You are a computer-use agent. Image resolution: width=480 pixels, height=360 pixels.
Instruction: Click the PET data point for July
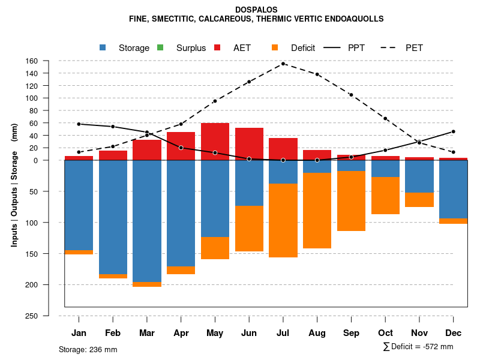click(283, 64)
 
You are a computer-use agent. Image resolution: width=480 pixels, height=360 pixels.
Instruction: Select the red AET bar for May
click(215, 142)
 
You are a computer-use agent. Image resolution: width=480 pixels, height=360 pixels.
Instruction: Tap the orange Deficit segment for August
click(317, 210)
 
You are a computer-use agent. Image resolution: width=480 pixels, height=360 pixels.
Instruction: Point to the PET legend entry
click(414, 48)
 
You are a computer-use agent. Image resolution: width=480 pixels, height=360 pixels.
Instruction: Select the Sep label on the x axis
click(352, 333)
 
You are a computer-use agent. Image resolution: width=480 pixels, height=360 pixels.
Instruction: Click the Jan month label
click(79, 333)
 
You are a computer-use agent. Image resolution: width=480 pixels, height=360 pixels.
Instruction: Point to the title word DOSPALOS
click(256, 10)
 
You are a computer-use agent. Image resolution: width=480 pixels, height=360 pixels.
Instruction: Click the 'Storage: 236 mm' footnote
click(88, 349)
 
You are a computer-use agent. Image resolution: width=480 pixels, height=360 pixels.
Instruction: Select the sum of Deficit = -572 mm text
click(418, 347)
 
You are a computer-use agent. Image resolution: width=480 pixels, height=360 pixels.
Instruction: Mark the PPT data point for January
click(79, 124)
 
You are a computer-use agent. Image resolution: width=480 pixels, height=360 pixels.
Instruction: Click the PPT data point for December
click(454, 131)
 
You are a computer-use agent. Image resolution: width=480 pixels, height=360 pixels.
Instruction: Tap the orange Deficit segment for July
click(283, 220)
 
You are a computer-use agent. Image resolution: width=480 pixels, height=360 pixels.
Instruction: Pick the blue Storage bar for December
click(454, 189)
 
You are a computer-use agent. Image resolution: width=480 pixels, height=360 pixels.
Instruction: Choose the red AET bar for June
click(249, 144)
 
